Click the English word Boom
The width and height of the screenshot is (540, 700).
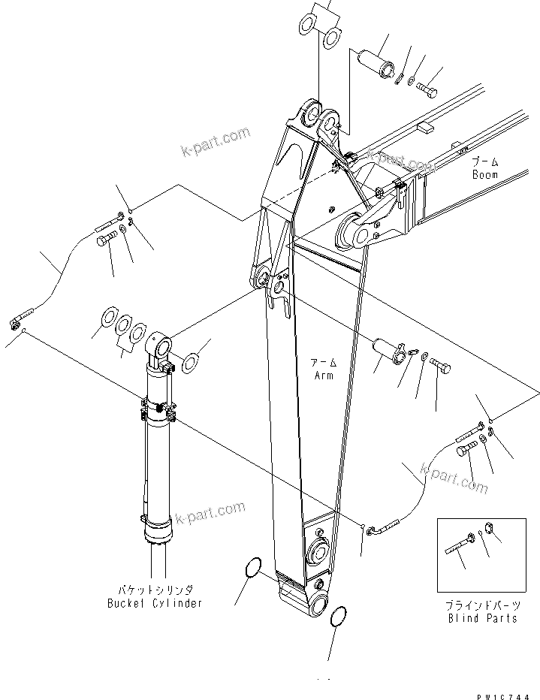(x=484, y=174)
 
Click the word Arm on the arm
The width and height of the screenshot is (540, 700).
(x=324, y=375)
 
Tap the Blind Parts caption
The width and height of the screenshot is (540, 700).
(x=483, y=618)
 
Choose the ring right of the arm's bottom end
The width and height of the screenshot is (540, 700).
(x=339, y=618)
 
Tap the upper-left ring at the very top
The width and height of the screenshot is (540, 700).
(x=306, y=24)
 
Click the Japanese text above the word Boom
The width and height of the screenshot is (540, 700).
(x=484, y=162)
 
